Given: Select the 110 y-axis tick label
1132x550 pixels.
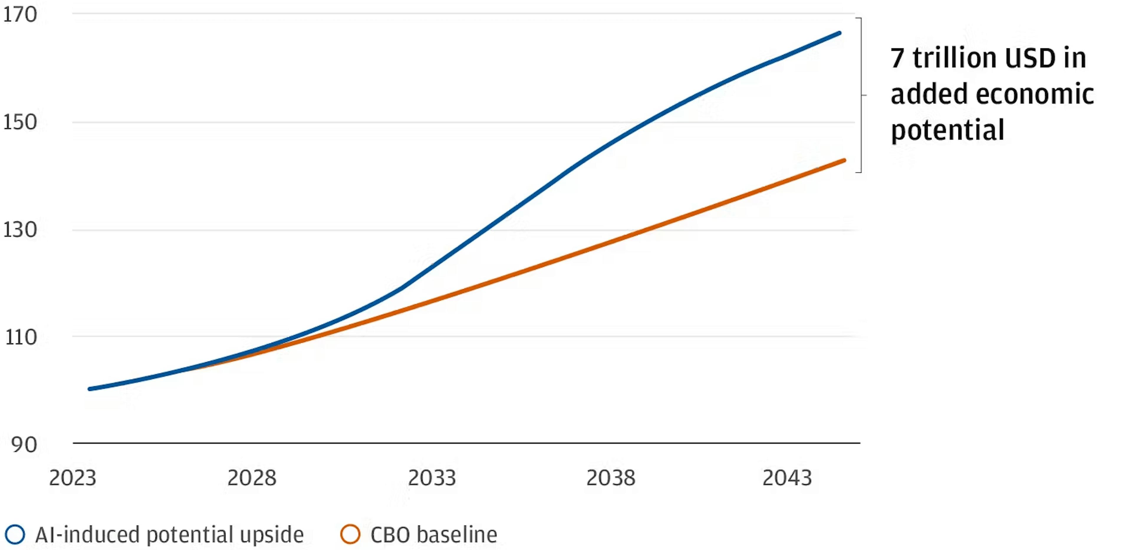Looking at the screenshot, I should coord(21,337).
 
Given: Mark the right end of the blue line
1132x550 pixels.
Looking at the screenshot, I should coord(839,33).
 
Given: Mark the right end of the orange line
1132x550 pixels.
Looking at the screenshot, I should coord(844,160).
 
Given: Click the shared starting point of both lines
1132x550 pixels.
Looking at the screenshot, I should coord(90,389).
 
